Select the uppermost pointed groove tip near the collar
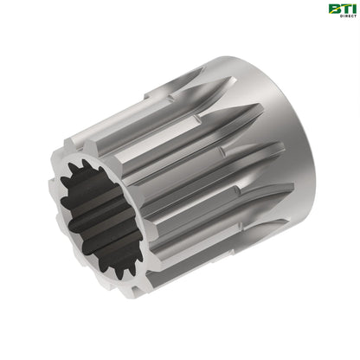200,71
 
